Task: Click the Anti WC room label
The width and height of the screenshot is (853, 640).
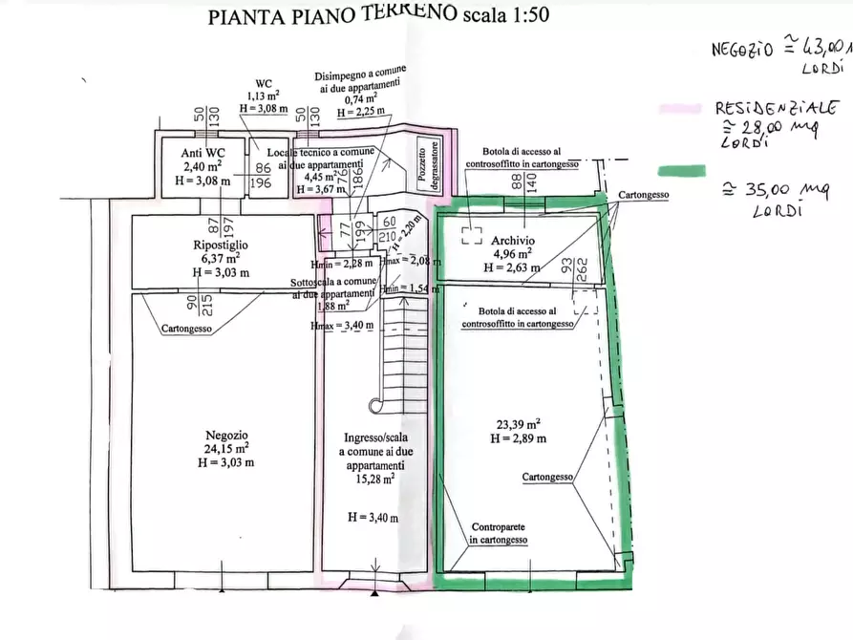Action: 203,152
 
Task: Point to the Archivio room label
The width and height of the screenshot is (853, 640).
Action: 514,240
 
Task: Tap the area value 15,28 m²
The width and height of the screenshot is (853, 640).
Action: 377,480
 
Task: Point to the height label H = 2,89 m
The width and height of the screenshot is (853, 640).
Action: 518,438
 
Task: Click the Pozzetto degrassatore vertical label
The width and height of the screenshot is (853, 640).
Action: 426,163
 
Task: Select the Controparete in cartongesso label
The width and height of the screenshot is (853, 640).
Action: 498,533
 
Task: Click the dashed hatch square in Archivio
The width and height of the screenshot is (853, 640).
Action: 471,235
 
